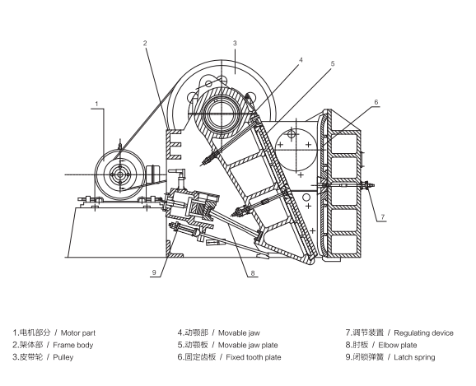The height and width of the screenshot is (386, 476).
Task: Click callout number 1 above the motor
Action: pos(96,104)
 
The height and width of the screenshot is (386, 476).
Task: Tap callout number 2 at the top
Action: pos(145,44)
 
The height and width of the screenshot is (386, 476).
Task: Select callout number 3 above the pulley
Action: pos(235,44)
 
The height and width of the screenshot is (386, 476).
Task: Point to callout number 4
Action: pos(301,60)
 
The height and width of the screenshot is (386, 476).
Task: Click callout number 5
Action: pos(333,63)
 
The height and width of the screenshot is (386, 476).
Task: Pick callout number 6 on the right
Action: pos(376,102)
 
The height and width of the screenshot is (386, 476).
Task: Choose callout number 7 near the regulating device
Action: pos(383,217)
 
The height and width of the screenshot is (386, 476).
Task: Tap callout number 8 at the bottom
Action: pos(253,273)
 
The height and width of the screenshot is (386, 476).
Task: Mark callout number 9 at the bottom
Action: pos(154,272)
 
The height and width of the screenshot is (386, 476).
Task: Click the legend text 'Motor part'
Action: pos(78,333)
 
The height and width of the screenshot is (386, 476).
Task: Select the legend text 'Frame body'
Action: pos(72,345)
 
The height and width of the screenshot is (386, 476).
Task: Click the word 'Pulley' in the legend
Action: pos(63,357)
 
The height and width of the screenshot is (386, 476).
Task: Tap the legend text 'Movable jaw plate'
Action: pos(248,345)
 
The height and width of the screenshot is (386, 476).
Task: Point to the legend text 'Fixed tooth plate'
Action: pos(254,357)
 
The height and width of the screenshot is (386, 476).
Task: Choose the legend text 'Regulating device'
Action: pos(423,333)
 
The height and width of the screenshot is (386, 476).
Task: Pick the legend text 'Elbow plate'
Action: pos(398,345)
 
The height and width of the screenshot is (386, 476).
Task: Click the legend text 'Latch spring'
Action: pos(414,357)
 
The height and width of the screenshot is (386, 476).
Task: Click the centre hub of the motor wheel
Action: pos(120,174)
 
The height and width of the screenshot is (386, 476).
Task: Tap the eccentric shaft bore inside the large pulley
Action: pos(222,114)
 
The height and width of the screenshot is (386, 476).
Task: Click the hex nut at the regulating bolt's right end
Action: pos(367,184)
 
